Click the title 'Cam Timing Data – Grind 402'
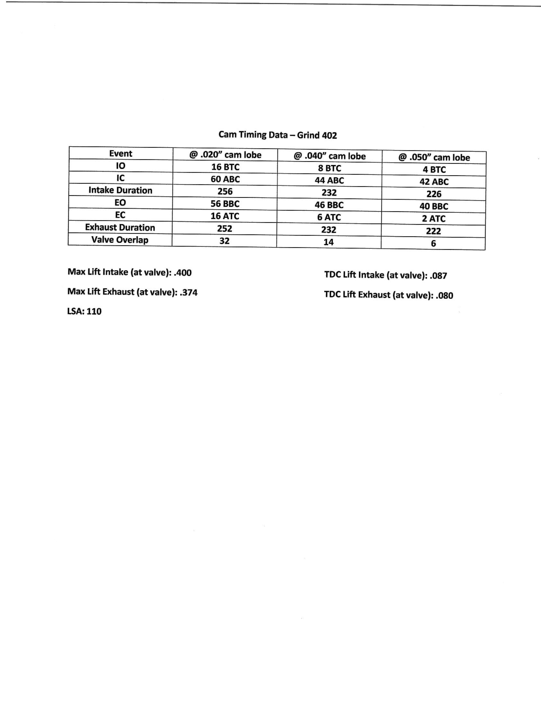click(278, 135)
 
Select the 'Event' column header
click(121, 153)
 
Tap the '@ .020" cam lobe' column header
click(225, 155)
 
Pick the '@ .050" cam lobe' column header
click(434, 157)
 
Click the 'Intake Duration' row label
click(120, 190)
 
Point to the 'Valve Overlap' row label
click(120, 240)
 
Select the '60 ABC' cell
click(225, 179)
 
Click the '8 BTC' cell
click(329, 168)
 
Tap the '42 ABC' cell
click(434, 182)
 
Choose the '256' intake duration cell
click(225, 191)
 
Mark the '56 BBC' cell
click(225, 204)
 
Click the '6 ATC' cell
click(329, 217)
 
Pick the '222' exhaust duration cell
click(433, 231)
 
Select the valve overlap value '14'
click(329, 242)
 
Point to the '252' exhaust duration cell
click(224, 228)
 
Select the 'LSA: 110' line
click(84, 311)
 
